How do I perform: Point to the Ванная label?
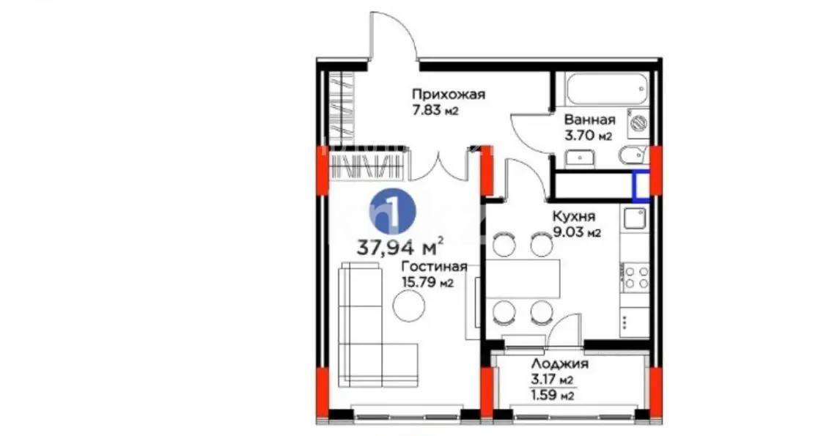589,119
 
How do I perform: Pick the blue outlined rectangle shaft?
641,185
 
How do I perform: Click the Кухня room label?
574,217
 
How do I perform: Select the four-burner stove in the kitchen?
635,278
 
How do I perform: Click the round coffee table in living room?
408,306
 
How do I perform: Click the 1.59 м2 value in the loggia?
551,396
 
